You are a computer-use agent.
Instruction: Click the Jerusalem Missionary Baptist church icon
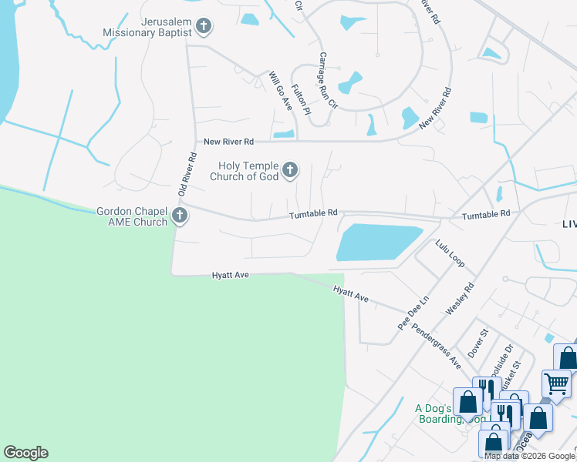204,28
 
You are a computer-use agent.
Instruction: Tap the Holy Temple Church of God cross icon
290,170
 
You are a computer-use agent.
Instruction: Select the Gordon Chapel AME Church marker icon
180,216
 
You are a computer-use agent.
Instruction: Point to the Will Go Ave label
278,91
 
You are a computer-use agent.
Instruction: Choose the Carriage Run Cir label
329,79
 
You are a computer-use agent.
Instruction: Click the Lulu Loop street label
450,253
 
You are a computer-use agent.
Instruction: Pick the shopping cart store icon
556,382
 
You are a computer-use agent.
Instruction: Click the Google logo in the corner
25,453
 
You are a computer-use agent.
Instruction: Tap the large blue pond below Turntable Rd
378,243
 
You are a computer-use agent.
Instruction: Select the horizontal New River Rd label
228,142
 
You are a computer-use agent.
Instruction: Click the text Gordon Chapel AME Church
131,216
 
